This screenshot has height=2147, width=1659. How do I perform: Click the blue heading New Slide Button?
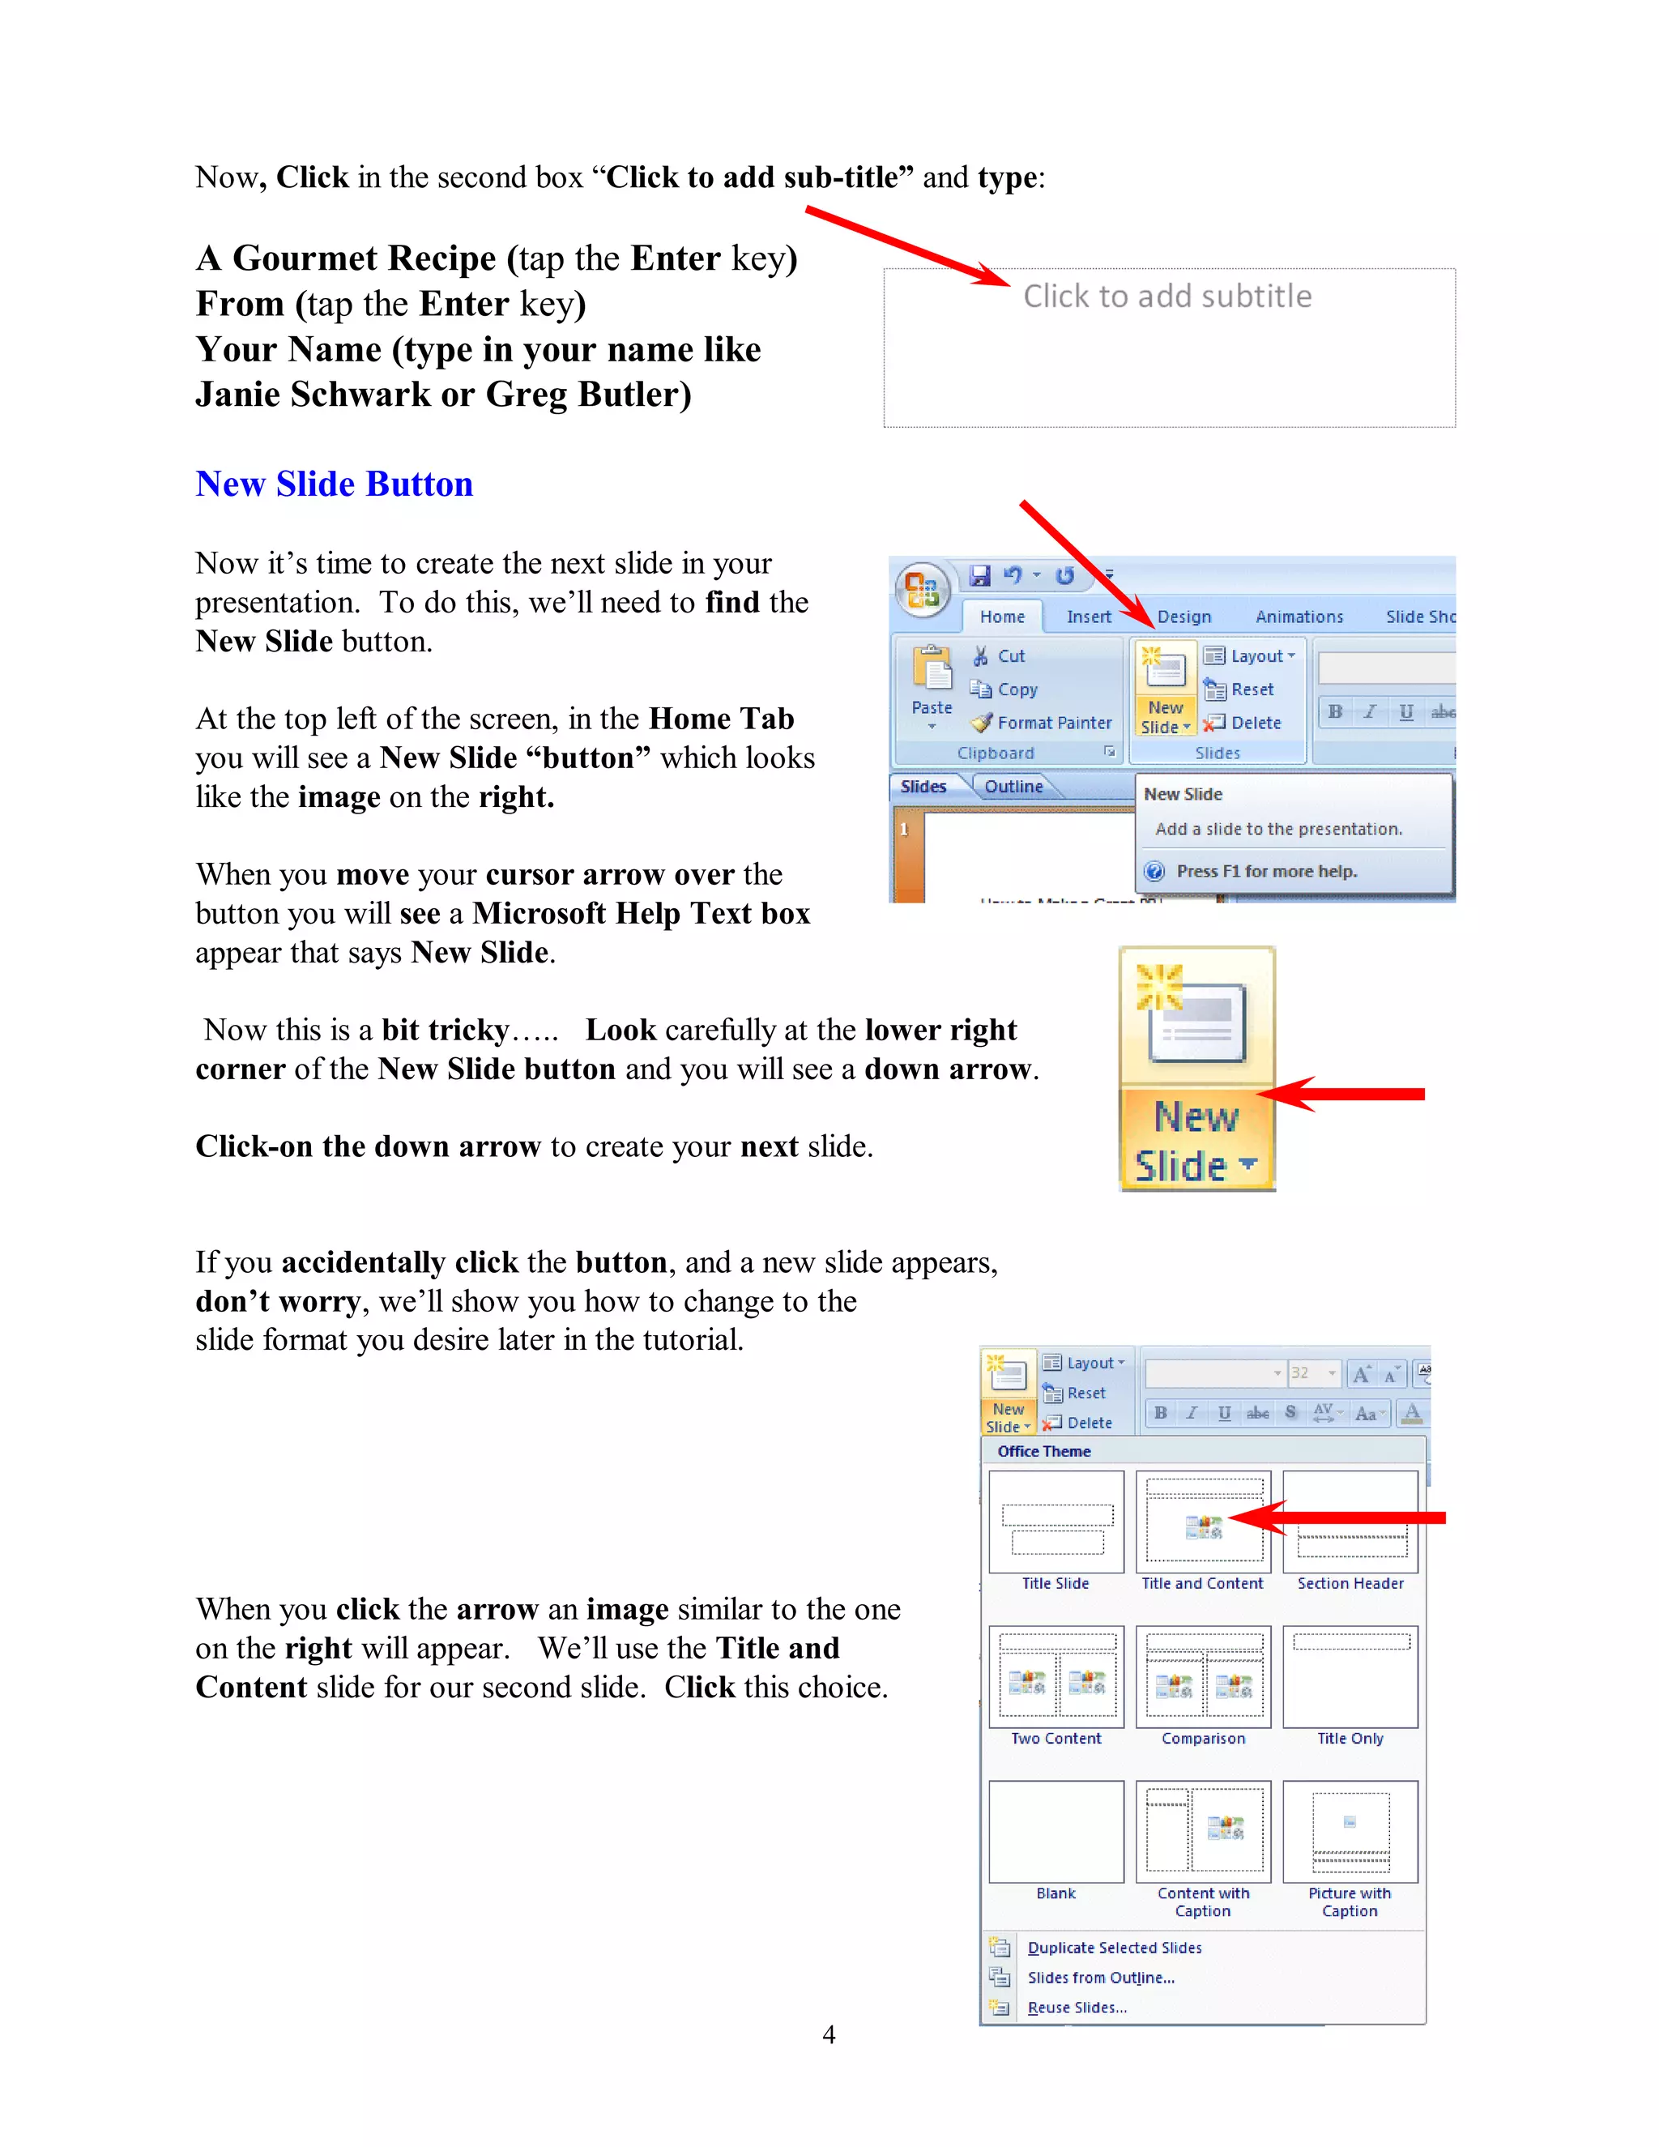pos(335,484)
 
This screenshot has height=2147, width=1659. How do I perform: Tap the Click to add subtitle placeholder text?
pos(1166,296)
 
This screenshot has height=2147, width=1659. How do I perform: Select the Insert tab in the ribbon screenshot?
pos(1089,617)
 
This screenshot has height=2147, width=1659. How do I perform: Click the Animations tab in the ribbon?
pos(1299,617)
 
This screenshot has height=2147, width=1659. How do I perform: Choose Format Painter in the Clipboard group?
pos(1054,723)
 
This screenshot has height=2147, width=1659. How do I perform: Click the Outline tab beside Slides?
pos(1013,787)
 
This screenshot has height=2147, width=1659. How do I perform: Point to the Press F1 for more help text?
pos(1266,871)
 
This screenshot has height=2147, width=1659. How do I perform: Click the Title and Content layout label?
pos(1202,1584)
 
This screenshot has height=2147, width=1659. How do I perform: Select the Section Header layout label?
pos(1350,1584)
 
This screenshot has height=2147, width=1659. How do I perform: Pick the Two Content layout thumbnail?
pos(1056,1677)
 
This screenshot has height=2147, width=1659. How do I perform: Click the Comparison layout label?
pos(1203,1739)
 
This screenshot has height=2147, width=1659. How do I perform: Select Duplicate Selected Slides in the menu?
pos(1114,1949)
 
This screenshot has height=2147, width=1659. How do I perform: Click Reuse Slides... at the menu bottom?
pos(1077,2008)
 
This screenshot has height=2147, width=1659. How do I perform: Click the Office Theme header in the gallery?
pos(1043,1452)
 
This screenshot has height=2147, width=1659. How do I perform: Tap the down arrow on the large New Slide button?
pos(1248,1164)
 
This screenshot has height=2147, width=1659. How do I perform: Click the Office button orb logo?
pos(922,589)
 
